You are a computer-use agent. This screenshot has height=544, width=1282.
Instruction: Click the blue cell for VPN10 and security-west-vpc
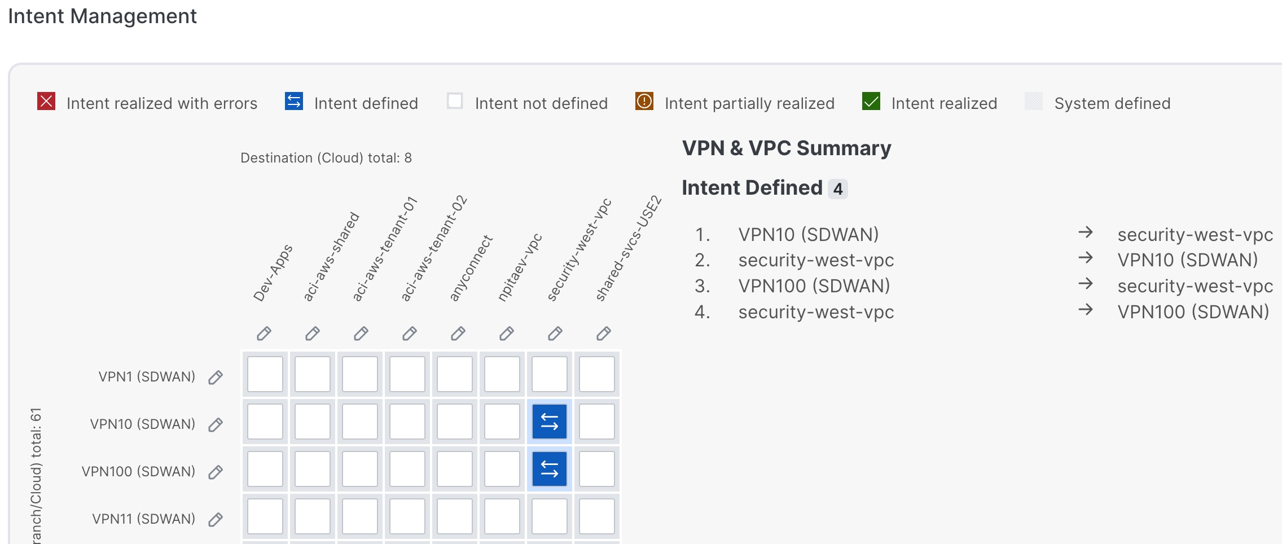550,422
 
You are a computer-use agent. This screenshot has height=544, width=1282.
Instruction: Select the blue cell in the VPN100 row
550,469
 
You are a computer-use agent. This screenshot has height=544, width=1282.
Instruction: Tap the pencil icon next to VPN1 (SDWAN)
216,377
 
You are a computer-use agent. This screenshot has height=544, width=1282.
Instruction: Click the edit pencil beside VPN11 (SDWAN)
216,519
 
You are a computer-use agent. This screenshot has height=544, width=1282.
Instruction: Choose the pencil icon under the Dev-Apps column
264,334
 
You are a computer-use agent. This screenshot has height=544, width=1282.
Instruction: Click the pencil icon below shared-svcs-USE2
604,334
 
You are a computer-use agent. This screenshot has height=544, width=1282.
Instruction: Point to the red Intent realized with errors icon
46,102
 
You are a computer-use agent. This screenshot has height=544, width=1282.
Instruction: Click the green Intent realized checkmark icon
871,102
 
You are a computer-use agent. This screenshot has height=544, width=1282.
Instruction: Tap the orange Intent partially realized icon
644,102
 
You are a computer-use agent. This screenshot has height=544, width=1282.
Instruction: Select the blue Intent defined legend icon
294,102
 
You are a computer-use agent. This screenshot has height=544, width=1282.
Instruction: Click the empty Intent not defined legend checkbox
455,101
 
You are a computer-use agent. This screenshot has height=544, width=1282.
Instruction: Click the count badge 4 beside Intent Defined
838,188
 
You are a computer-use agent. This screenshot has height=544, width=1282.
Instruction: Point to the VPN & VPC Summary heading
787,148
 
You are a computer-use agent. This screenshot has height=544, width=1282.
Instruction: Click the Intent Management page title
102,16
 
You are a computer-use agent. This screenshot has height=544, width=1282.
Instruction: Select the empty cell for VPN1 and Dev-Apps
265,374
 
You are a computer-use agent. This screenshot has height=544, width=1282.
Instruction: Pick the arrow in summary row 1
1086,232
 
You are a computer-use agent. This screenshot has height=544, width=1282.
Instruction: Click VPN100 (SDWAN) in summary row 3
814,286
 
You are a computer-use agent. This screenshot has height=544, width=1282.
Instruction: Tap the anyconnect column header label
471,268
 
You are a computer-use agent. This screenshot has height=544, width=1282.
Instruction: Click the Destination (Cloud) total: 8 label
326,158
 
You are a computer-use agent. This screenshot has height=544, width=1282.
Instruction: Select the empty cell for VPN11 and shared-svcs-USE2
597,516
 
